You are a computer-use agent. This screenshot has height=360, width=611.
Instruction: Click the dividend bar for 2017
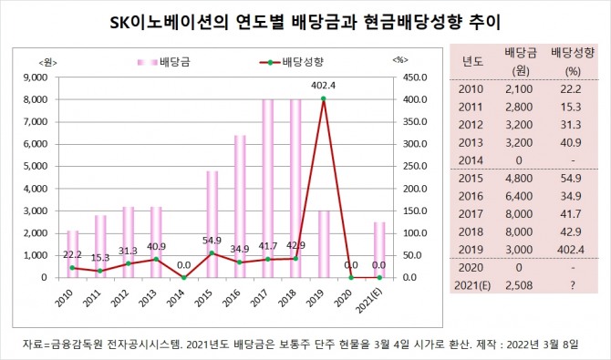[268, 189]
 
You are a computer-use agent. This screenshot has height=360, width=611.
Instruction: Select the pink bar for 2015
[212, 224]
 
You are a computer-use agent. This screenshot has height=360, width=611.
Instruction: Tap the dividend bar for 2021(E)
[379, 250]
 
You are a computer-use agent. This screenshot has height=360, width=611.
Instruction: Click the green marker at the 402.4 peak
[324, 98]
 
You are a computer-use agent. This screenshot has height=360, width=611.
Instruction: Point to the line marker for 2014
[184, 277]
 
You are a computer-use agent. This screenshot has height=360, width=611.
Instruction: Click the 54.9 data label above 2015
[212, 241]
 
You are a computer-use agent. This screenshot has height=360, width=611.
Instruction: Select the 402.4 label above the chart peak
[324, 86]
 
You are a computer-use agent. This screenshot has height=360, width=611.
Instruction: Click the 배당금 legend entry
[163, 62]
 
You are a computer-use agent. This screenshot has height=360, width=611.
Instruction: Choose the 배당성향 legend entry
[292, 62]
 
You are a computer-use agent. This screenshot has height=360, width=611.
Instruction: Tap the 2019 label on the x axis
[315, 298]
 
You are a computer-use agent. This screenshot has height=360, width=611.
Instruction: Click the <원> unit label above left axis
[48, 63]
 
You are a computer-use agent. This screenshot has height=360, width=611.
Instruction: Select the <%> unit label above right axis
[400, 59]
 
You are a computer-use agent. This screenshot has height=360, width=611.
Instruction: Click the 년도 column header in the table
[472, 61]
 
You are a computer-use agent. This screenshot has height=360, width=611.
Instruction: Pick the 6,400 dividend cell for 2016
[519, 196]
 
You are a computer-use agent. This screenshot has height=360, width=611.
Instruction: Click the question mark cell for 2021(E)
[572, 285]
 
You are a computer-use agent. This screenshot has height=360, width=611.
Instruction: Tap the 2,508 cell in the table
[519, 285]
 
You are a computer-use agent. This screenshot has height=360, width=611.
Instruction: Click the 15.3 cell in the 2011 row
[571, 107]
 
